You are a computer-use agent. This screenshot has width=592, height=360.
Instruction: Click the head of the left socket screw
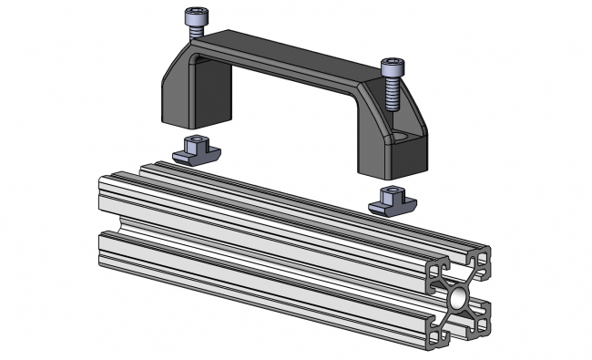tap(195, 15)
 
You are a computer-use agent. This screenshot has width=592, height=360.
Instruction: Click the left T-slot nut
tap(194, 149)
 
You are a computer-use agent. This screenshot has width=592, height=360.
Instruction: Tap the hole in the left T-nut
tap(193, 140)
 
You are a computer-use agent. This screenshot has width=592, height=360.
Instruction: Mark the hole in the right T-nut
tap(390, 192)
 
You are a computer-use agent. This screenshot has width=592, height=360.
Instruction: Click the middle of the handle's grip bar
tap(291, 63)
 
